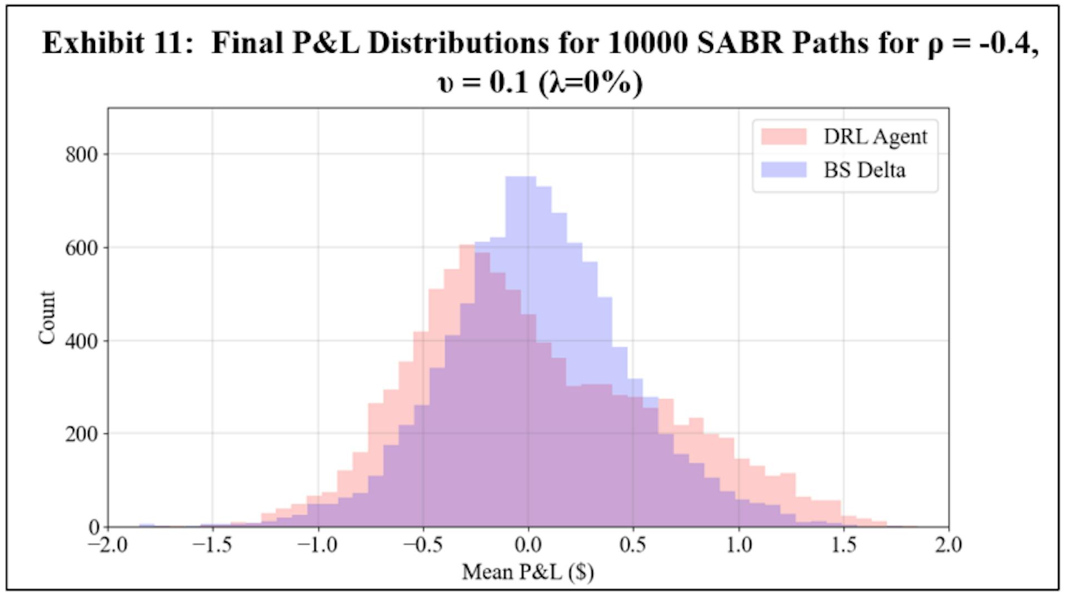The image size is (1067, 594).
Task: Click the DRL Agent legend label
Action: click(x=875, y=137)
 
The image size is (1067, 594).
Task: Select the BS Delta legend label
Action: click(x=864, y=170)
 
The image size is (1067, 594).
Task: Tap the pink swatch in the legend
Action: click(x=784, y=137)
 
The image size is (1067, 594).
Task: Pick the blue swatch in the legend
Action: click(x=784, y=170)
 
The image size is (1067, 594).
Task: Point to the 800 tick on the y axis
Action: click(x=81, y=155)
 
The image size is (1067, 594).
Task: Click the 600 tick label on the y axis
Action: click(x=81, y=248)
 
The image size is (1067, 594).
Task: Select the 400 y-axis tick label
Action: click(x=81, y=341)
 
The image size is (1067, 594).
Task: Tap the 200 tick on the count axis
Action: click(x=81, y=434)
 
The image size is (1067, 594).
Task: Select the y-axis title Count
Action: click(x=47, y=318)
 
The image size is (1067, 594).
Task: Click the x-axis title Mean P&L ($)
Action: click(x=528, y=572)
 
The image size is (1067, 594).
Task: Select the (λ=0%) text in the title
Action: click(x=591, y=83)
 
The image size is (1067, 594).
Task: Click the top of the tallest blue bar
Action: click(x=520, y=177)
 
